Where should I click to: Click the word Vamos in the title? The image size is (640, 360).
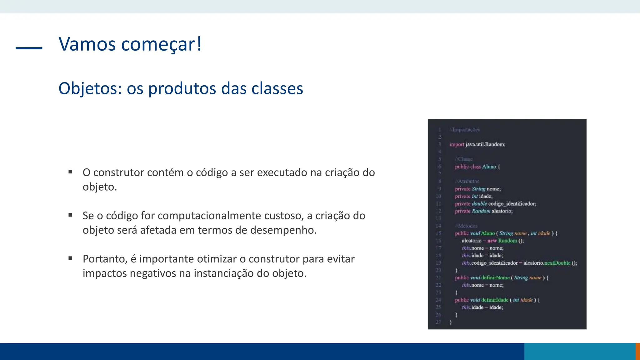coord(87,44)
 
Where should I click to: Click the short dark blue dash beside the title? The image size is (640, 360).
coord(29,48)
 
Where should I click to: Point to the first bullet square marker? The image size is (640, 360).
coord(70,172)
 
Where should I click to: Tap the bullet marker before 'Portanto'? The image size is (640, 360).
coord(70,258)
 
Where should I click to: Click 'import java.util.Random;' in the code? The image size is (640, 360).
coord(477,144)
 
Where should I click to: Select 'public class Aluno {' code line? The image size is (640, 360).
coord(477,167)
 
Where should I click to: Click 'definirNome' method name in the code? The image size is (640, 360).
coord(495,278)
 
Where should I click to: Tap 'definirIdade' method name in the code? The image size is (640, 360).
coord(495,300)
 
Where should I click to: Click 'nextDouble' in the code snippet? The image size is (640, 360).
coord(557,263)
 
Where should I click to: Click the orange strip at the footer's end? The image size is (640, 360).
coord(637,351)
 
